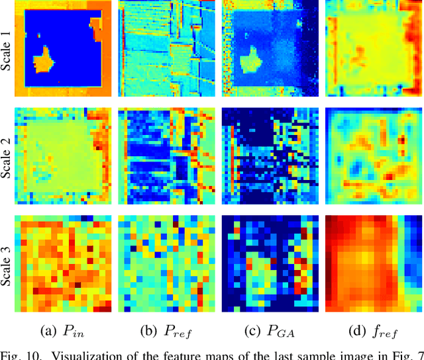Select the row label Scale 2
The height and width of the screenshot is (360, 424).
tap(7, 155)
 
